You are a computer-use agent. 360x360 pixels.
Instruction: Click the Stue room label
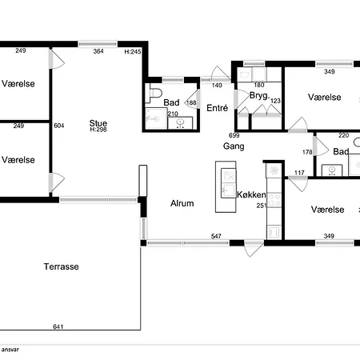point(98,123)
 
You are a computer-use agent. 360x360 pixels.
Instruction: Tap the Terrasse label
point(62,266)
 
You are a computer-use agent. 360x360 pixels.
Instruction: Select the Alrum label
point(182,203)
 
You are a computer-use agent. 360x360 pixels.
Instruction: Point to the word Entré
point(218,108)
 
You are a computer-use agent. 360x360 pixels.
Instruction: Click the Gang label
point(234,146)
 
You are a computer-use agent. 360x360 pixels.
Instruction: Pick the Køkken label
point(251,194)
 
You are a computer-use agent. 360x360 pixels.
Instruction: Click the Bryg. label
point(259,95)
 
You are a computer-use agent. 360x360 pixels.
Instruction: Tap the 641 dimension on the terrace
point(58,326)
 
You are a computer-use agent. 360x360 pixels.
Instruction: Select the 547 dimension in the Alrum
point(216,236)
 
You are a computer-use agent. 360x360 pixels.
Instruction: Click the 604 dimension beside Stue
point(59,126)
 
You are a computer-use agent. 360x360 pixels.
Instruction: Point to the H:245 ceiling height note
point(133,51)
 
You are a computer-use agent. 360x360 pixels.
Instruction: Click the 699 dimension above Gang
point(234,135)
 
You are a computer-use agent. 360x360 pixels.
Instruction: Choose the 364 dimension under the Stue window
point(98,51)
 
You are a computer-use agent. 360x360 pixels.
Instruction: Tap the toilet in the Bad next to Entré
point(154,93)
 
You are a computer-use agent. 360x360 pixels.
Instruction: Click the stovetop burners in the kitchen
point(274,200)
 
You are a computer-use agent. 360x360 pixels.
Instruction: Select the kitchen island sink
point(228,190)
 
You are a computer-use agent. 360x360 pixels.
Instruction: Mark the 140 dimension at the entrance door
point(217,85)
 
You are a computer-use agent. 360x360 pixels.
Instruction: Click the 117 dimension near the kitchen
point(299,173)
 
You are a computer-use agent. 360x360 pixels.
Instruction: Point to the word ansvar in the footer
point(10,350)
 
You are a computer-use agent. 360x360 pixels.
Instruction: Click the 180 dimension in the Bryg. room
point(259,85)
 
